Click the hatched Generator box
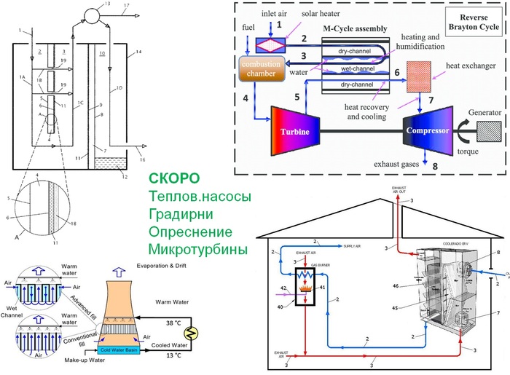[x=482, y=133]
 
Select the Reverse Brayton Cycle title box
[x=476, y=24]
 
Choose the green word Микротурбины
[x=198, y=251]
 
